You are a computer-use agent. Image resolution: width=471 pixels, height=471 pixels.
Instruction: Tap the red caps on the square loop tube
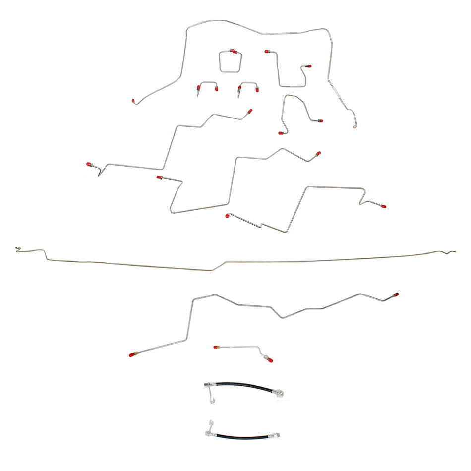(233, 51)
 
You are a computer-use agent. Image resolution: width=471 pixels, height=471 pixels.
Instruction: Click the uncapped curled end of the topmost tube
(354, 127)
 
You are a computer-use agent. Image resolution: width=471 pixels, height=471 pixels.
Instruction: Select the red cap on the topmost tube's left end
(134, 101)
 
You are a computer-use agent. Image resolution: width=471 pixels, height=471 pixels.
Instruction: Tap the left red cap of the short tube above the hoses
(216, 347)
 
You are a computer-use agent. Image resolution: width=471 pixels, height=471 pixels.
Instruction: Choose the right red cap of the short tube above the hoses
(270, 360)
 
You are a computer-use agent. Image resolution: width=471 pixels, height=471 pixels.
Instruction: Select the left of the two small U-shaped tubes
(207, 86)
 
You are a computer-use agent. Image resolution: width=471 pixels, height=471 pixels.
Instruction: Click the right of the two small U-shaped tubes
(248, 86)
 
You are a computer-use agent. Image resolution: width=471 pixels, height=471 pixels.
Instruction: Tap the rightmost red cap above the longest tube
(383, 206)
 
